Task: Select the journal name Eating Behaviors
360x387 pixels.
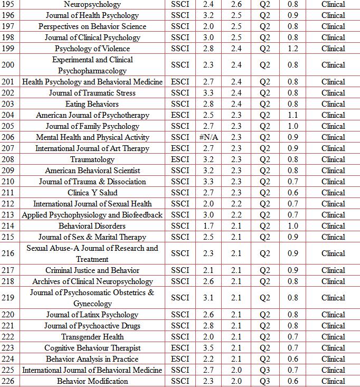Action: point(92,104)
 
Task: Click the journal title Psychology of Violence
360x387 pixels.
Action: point(92,49)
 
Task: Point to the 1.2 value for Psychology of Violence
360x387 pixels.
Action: point(292,49)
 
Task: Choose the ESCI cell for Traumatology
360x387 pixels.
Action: point(180,159)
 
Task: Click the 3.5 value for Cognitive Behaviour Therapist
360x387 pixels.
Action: point(208,348)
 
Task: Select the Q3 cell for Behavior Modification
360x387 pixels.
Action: point(264,381)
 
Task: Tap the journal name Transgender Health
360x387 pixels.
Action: point(92,337)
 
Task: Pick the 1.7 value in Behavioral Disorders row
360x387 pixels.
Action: point(208,226)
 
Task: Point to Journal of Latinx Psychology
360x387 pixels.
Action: point(92,315)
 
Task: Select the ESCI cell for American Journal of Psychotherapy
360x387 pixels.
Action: point(180,115)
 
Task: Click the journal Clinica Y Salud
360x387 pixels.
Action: point(92,193)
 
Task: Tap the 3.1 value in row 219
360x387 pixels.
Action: point(208,298)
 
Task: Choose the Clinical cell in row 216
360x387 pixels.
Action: point(333,253)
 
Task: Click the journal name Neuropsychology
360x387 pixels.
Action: point(92,4)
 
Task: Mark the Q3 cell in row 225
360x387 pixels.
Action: point(264,370)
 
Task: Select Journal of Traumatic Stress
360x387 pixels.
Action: point(92,93)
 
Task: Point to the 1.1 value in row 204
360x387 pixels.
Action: point(292,115)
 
